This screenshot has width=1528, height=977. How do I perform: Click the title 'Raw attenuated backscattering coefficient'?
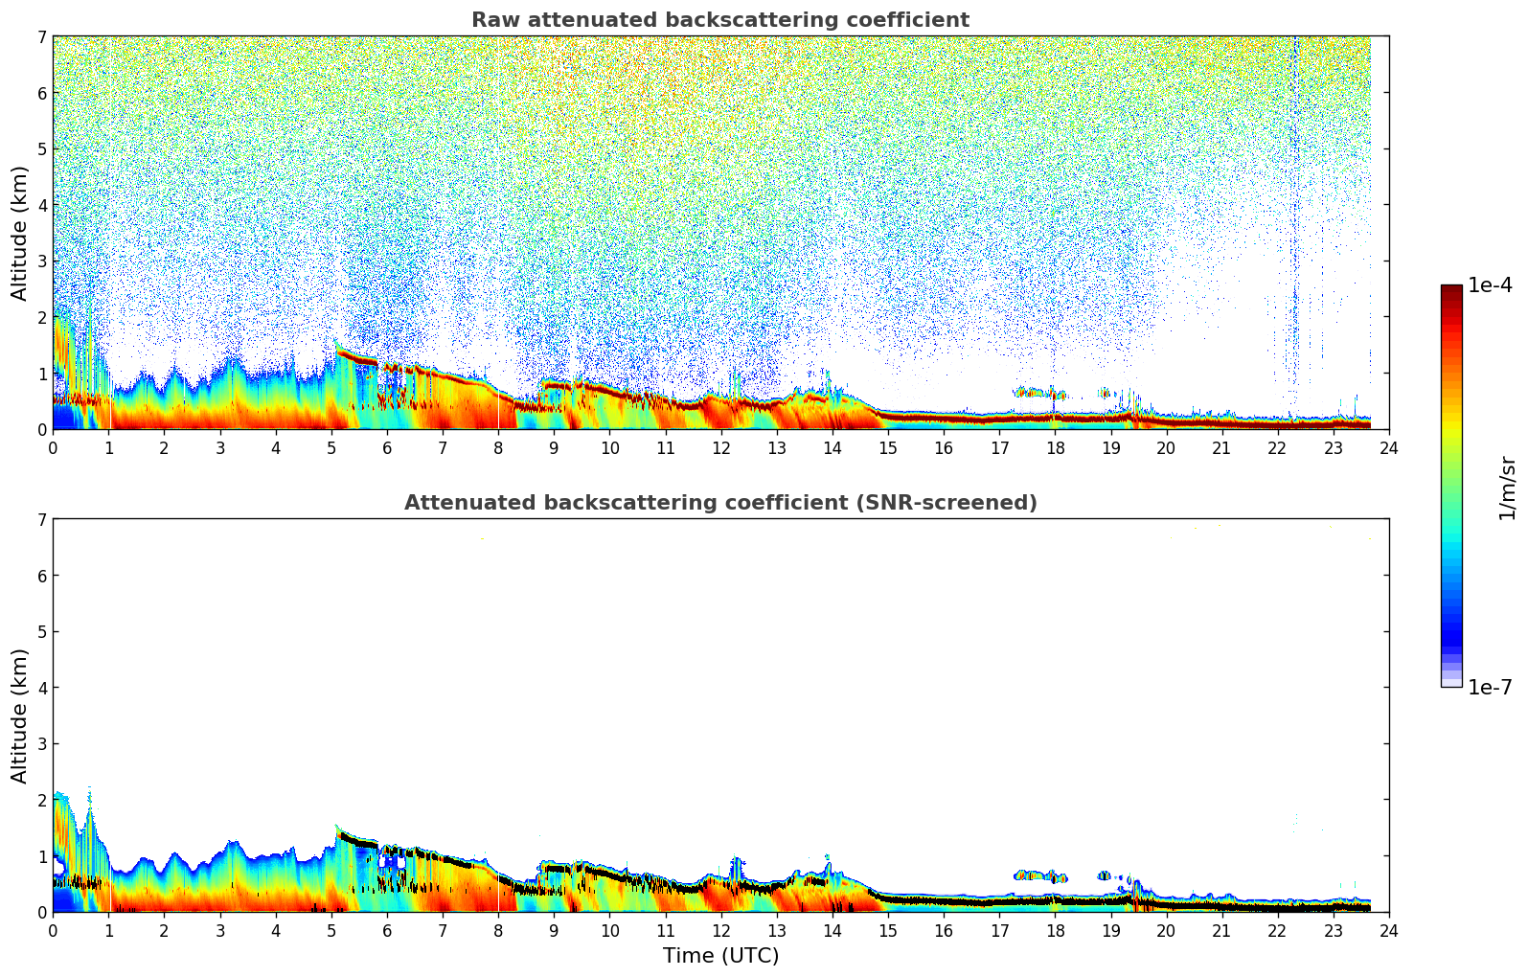pyautogui.click(x=719, y=20)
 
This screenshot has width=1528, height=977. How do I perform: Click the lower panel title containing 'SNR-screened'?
pyautogui.click(x=719, y=503)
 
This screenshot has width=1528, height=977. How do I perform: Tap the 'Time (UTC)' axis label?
pyautogui.click(x=720, y=956)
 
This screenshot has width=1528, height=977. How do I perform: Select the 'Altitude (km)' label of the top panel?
pyautogui.click(x=20, y=233)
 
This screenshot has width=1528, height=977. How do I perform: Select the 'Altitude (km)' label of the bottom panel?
pyautogui.click(x=20, y=716)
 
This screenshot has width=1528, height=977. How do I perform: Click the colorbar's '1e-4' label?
pyautogui.click(x=1490, y=285)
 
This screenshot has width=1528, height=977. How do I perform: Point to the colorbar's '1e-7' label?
pyautogui.click(x=1490, y=688)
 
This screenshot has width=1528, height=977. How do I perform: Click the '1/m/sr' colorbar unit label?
pyautogui.click(x=1507, y=488)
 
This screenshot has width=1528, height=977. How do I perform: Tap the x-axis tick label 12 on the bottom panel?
pyautogui.click(x=720, y=931)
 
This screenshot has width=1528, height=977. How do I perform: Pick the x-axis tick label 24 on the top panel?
pyautogui.click(x=1388, y=448)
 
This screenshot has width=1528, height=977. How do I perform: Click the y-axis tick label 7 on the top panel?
pyautogui.click(x=41, y=37)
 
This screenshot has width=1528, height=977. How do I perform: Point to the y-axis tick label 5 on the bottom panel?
pyautogui.click(x=41, y=632)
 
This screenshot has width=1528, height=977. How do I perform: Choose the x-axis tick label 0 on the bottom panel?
pyautogui.click(x=53, y=931)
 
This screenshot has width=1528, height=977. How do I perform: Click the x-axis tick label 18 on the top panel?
pyautogui.click(x=1055, y=448)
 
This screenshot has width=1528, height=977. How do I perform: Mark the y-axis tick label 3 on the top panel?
pyautogui.click(x=41, y=261)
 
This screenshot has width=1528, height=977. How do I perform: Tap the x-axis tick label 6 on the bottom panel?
pyautogui.click(x=387, y=931)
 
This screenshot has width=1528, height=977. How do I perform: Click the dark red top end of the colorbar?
pyautogui.click(x=1450, y=289)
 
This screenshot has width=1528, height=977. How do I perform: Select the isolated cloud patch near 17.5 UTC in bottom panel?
pyautogui.click(x=1039, y=875)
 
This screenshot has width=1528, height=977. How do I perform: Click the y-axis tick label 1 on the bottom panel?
pyautogui.click(x=41, y=856)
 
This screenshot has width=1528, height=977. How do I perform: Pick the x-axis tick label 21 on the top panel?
pyautogui.click(x=1221, y=448)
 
